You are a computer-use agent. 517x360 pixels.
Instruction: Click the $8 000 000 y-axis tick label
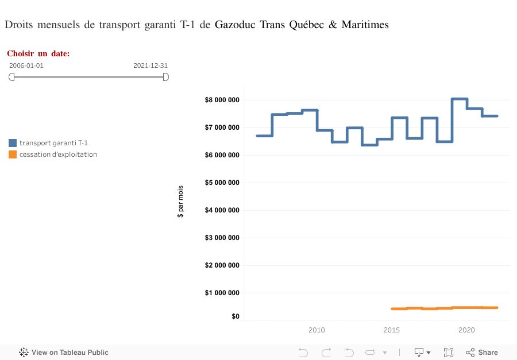pos(222,100)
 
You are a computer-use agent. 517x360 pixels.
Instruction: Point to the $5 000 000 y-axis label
pos(222,183)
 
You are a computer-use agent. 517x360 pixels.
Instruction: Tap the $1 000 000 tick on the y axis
pos(222,293)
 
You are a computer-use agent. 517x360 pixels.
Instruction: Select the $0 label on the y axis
pos(235,316)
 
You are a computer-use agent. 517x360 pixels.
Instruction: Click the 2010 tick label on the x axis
pos(317,330)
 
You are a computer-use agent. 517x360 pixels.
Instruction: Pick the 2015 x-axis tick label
pos(392,330)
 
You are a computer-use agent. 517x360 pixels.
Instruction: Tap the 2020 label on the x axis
pos(466,330)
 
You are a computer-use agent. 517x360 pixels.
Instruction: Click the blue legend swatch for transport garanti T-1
pos(13,143)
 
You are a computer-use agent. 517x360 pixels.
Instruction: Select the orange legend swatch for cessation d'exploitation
pos(13,154)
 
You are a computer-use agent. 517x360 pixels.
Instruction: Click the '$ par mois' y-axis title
pos(180,202)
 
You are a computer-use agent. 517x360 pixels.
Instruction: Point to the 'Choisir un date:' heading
pos(38,53)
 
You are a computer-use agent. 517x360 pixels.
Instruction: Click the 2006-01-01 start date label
pos(26,65)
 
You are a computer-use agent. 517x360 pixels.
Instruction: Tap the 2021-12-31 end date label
pos(151,65)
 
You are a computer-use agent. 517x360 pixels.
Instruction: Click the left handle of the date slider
pos(11,77)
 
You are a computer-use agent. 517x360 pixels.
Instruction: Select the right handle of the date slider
pos(165,77)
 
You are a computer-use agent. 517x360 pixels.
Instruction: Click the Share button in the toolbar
pos(482,353)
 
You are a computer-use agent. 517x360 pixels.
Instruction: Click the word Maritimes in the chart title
pos(365,25)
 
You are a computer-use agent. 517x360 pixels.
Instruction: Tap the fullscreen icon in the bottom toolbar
pos(449,353)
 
